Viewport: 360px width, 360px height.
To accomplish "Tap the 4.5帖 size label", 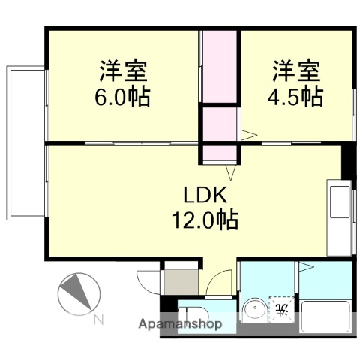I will point(297,97).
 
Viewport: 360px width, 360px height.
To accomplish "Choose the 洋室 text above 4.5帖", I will point(297,73).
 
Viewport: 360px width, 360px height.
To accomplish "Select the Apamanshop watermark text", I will point(179,325).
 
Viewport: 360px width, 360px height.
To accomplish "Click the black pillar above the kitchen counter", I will point(346,160).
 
